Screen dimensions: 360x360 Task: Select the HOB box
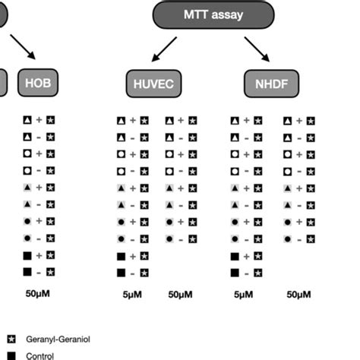pos(37,81)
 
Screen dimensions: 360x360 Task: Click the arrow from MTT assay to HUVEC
pos(166,52)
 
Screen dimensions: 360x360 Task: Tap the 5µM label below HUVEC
pos(131,293)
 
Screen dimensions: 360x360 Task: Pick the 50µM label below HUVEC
pos(179,293)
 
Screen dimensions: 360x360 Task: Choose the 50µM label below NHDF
pos(297,293)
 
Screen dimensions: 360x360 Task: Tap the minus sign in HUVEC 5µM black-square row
pos(133,272)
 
